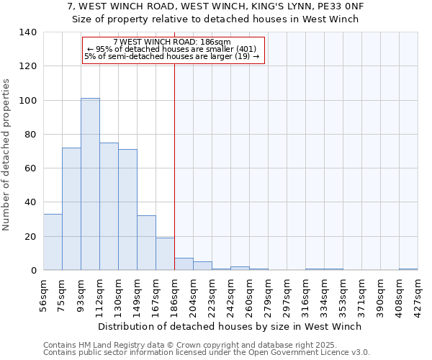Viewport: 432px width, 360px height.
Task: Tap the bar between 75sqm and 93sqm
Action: coord(71,209)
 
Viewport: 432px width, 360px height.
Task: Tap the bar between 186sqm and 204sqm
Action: coord(184,264)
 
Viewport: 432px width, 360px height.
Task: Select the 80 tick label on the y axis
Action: coord(31,135)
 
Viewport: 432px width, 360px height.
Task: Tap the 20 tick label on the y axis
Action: coord(31,236)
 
